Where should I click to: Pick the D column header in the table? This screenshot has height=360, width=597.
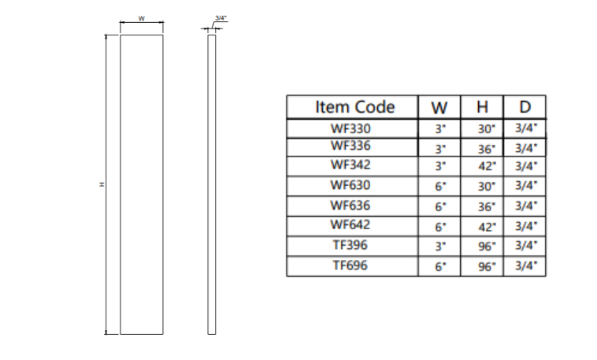tap(525, 107)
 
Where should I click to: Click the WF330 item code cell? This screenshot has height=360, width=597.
tap(350, 128)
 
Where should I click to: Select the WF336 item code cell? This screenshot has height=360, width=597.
tap(350, 146)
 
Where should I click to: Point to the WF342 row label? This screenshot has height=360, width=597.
tap(350, 165)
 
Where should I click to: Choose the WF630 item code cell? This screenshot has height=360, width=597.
tap(350, 186)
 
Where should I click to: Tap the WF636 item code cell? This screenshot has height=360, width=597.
tap(350, 206)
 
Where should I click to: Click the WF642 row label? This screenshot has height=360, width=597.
tap(350, 225)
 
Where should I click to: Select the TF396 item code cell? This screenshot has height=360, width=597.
tap(350, 245)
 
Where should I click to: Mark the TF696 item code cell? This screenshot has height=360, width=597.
tap(350, 265)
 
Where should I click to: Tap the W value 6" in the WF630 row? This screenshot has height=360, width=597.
tap(441, 187)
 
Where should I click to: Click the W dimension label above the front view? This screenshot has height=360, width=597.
tap(141, 18)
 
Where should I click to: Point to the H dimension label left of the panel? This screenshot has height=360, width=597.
tap(101, 184)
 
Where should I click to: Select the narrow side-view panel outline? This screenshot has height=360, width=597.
tap(211, 184)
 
